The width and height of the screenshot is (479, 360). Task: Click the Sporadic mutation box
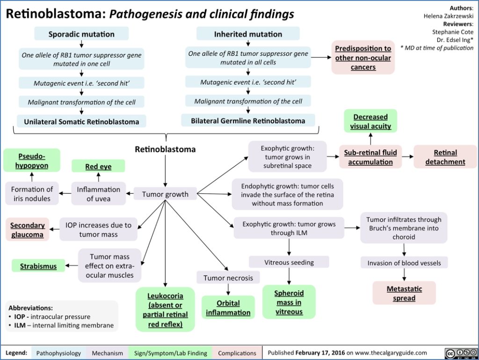(81, 34)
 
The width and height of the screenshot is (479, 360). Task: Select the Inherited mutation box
(248, 34)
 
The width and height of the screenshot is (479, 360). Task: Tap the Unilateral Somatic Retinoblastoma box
(81, 122)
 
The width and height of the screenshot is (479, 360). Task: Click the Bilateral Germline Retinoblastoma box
(248, 121)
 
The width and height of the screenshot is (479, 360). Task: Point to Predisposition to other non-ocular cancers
(363, 58)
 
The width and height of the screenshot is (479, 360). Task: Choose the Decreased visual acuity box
(370, 121)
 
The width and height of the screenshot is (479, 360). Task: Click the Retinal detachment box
(445, 157)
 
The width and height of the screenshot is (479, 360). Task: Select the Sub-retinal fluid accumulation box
(370, 157)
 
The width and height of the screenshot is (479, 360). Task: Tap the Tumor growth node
(165, 194)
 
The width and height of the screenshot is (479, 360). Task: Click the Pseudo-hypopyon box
(32, 160)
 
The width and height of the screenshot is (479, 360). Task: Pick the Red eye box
(98, 166)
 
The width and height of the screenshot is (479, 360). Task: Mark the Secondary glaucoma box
(28, 229)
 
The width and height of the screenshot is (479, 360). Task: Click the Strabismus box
(38, 266)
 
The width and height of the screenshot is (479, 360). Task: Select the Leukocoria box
(165, 309)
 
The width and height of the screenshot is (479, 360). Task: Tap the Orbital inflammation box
(228, 308)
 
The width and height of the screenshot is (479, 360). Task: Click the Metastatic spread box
(404, 293)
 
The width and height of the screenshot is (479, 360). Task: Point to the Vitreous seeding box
(289, 262)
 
